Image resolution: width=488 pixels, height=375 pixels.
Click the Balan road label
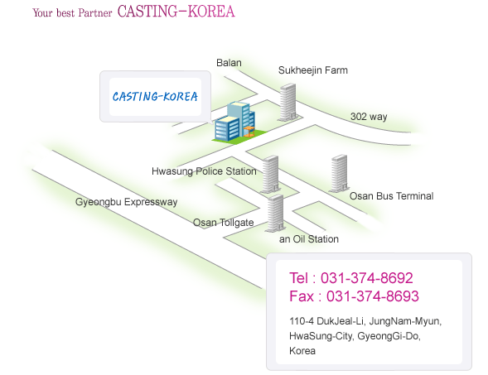coord(229,63)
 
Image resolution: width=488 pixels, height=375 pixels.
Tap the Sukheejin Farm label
coord(313,70)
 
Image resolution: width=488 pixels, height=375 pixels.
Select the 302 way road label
coord(369,117)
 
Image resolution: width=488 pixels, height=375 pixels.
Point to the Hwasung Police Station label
coord(204,171)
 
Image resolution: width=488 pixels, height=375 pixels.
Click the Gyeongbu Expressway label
coord(127,202)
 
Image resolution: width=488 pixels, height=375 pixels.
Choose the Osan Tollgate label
coord(223,223)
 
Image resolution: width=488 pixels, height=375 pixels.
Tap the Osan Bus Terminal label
coord(392,196)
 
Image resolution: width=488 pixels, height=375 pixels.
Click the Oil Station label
coord(316,239)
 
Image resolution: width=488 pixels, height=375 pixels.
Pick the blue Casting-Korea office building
coord(235,122)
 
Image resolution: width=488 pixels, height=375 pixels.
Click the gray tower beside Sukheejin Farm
coord(287,102)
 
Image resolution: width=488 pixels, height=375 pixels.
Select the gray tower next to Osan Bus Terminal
coord(339,173)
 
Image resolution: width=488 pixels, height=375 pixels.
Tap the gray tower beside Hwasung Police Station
coord(270,174)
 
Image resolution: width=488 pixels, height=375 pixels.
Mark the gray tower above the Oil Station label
coord(275,213)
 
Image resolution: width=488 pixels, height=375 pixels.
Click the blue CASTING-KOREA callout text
coord(155,96)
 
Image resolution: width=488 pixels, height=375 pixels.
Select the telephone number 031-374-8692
coord(367,277)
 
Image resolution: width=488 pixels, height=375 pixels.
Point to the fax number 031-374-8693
coord(373,296)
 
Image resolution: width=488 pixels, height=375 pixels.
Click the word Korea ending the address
coord(302,351)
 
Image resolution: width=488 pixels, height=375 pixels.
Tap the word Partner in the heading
coord(95,12)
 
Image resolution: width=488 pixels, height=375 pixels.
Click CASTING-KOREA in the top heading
coord(176,12)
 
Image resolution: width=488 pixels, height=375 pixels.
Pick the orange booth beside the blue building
coord(249,132)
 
